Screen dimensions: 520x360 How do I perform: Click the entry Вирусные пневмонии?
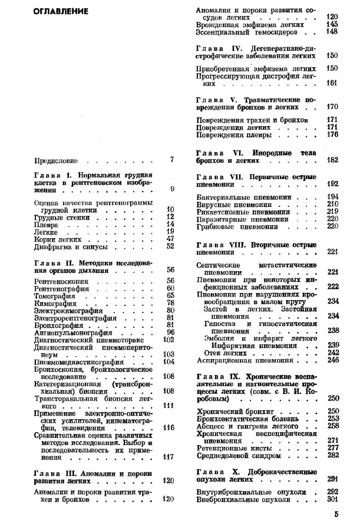click(x=229, y=203)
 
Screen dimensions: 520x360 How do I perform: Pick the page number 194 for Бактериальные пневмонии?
click(x=332, y=196)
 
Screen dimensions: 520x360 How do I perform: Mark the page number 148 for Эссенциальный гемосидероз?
click(x=332, y=31)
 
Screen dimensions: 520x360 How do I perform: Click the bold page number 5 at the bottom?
click(x=336, y=513)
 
